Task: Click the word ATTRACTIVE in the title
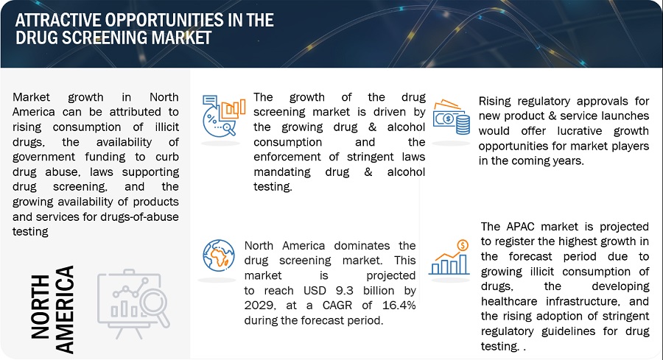tap(57, 21)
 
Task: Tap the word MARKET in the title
tap(181, 38)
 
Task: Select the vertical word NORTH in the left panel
tap(41, 307)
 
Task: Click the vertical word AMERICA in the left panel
tap(65, 309)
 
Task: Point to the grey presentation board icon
tap(133, 303)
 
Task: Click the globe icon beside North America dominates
tap(219, 255)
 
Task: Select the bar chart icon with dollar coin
tap(449, 257)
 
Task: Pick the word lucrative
tap(579, 131)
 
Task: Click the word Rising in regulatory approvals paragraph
tap(495, 102)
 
